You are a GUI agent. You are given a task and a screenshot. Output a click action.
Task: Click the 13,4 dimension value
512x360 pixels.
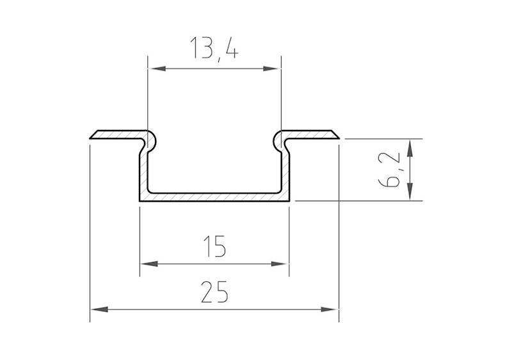coord(214,48)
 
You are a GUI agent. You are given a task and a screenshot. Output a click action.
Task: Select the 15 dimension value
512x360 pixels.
coord(214,247)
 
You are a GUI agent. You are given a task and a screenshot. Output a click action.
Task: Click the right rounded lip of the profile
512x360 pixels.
coord(280,139)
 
